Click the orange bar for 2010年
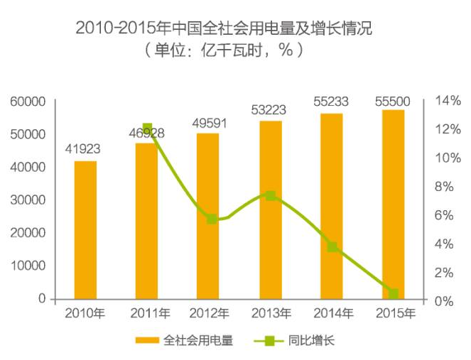pyautogui.click(x=85, y=229)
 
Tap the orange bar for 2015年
pyautogui.click(x=393, y=204)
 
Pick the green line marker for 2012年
pyautogui.click(x=212, y=219)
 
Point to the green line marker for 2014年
pyautogui.click(x=332, y=246)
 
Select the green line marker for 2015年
pyautogui.click(x=393, y=294)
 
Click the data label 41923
pyautogui.click(x=83, y=150)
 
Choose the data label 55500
pyautogui.click(x=393, y=102)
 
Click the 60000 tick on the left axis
pyautogui.click(x=28, y=102)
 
